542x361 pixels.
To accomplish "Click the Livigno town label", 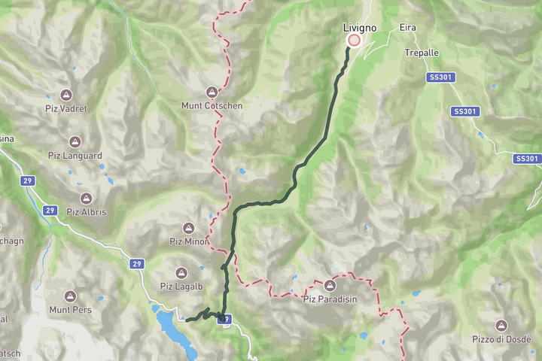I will click(x=359, y=28).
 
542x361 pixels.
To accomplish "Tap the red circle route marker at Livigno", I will click(x=353, y=41).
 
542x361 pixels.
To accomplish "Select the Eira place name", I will click(x=408, y=28).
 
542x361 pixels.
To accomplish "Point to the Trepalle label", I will click(x=421, y=53).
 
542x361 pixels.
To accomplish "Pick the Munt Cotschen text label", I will click(x=212, y=106).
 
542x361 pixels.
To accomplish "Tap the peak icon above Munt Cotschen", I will click(x=212, y=93).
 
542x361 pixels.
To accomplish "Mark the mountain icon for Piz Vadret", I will click(x=66, y=96).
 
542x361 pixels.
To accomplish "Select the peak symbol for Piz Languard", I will click(x=75, y=141).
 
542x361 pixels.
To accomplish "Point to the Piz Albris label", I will click(x=87, y=211).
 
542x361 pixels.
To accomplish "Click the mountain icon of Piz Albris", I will click(x=86, y=199).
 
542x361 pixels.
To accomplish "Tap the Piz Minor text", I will click(x=187, y=241).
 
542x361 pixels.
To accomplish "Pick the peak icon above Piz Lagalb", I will click(x=181, y=272).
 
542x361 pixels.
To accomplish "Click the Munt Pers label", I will click(x=69, y=309).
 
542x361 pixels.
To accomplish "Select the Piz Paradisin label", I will click(x=330, y=299).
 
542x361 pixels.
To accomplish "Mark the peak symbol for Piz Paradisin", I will click(x=330, y=285).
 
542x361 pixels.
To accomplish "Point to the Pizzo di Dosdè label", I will click(x=501, y=338).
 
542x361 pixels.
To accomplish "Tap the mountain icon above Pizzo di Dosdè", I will click(x=501, y=325).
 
